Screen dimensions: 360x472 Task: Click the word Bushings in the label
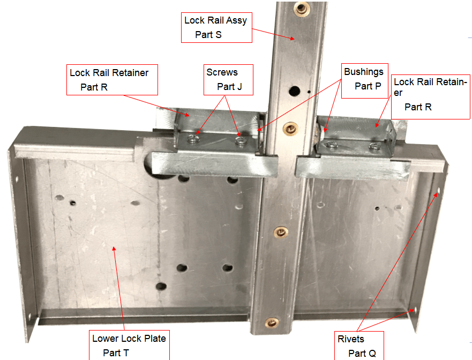pos(364,72)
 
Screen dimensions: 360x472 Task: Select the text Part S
pos(208,34)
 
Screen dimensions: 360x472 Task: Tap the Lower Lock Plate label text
pos(129,339)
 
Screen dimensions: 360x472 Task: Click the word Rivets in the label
pos(350,339)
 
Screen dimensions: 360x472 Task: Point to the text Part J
pos(229,86)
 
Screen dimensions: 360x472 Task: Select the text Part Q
pos(362,353)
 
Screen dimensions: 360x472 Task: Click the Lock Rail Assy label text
pos(215,20)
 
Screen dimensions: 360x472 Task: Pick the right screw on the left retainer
pos(241,141)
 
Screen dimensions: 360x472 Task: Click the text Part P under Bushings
pos(368,86)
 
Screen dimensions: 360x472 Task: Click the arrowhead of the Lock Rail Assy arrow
pos(294,39)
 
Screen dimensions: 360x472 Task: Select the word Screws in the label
pos(222,72)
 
